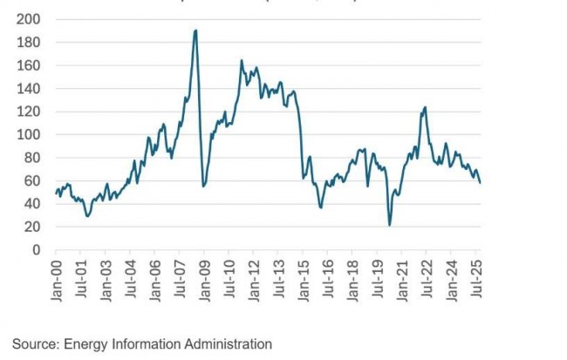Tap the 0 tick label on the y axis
pyautogui.click(x=36, y=250)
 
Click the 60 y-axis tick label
pyautogui.click(x=32, y=181)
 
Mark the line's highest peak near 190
pyautogui.click(x=195, y=31)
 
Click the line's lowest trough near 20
pyautogui.click(x=389, y=225)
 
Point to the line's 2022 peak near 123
pyautogui.click(x=425, y=107)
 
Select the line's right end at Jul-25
pyautogui.click(x=481, y=182)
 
